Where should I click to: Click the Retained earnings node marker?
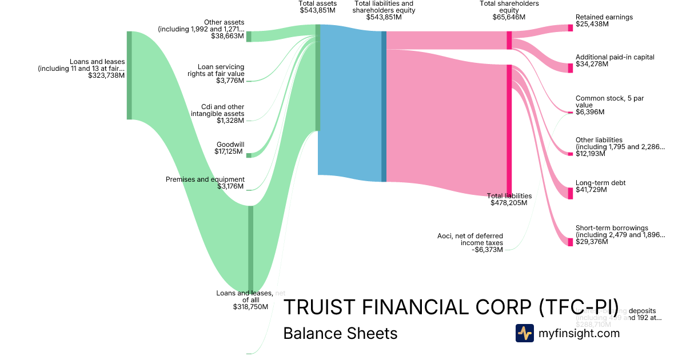coord(570,28)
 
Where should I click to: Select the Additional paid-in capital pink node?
coord(570,68)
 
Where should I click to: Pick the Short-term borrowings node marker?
coord(570,242)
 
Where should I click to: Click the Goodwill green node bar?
coord(249,155)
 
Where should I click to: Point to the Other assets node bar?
coord(249,37)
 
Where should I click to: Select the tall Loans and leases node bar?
coord(129,75)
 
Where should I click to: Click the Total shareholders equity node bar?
coord(509,40)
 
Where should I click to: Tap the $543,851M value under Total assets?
coord(317,10)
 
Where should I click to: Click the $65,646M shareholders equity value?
coord(509,17)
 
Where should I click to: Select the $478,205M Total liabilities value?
coord(509,202)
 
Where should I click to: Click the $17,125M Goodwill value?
coord(229,151)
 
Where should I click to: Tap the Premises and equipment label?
coord(205,179)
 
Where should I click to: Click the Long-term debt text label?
coord(600,183)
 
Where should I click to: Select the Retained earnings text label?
coord(604,17)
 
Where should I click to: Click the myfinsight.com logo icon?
coord(524,333)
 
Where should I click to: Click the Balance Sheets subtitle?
coord(340,333)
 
